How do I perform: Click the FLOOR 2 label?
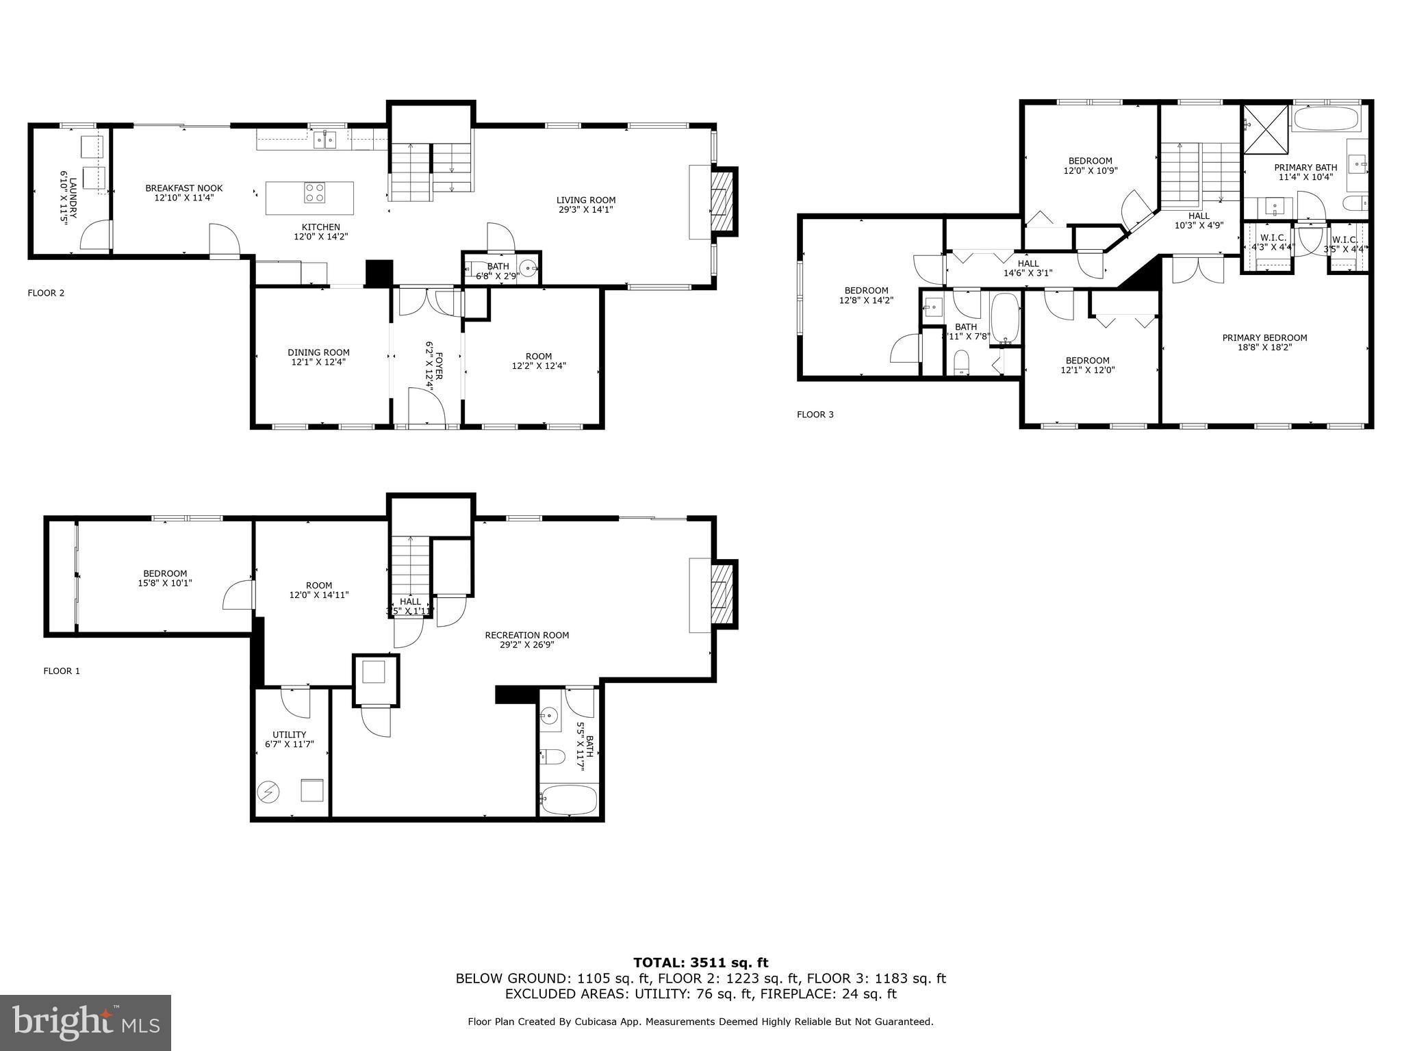click(x=46, y=293)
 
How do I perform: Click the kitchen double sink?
click(x=325, y=140)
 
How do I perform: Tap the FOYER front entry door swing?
click(x=426, y=408)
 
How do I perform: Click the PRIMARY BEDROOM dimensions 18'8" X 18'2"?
click(x=1264, y=347)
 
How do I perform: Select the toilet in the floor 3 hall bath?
click(x=962, y=362)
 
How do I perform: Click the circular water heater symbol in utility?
click(x=268, y=792)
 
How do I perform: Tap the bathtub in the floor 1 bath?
click(x=569, y=799)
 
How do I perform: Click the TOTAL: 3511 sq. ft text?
click(x=700, y=963)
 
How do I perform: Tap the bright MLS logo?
click(x=86, y=1022)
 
